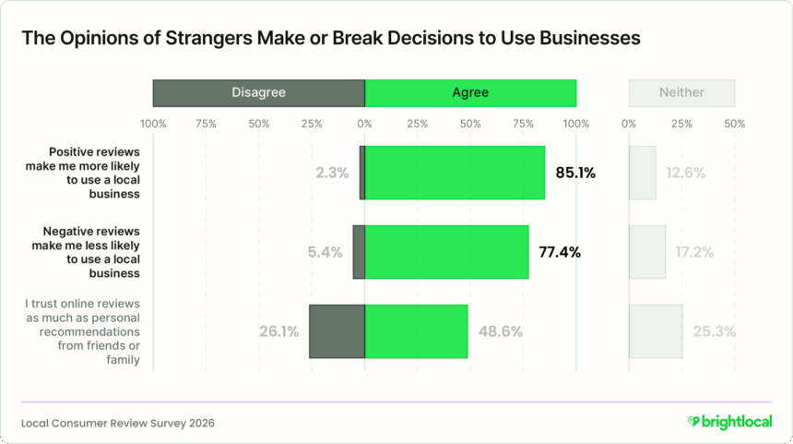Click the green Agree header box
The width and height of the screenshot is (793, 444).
tap(470, 92)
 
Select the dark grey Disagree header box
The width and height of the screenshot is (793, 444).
tap(258, 92)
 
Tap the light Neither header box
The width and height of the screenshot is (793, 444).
tap(681, 92)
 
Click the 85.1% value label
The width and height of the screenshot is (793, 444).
tap(575, 172)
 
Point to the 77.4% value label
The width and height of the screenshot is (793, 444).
tap(560, 252)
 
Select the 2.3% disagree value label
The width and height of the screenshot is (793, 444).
tap(331, 172)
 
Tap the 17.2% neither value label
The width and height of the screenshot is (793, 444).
tap(693, 252)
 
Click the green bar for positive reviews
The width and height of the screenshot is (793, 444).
tap(455, 172)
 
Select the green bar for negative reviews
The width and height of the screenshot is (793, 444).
tap(447, 252)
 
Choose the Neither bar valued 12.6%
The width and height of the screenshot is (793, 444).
tap(643, 172)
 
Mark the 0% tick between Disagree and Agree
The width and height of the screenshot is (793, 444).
tap(365, 123)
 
